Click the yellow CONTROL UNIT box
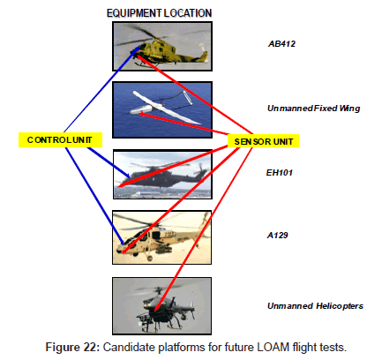(x=60, y=139)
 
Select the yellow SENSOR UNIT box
(x=263, y=141)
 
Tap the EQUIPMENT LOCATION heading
(x=159, y=13)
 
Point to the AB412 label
(x=281, y=44)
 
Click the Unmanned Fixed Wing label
(x=313, y=109)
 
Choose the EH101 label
(x=280, y=172)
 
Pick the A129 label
(x=277, y=236)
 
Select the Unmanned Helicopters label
(x=315, y=306)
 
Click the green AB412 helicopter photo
(x=162, y=46)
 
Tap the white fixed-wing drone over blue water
(x=162, y=109)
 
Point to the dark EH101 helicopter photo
(x=162, y=174)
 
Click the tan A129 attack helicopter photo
(x=161, y=237)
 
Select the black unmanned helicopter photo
(x=161, y=306)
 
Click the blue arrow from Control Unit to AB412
(x=101, y=89)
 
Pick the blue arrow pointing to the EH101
(x=109, y=162)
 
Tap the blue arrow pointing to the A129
(x=94, y=196)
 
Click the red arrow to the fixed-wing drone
(x=184, y=124)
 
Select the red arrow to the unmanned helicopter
(x=203, y=229)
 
